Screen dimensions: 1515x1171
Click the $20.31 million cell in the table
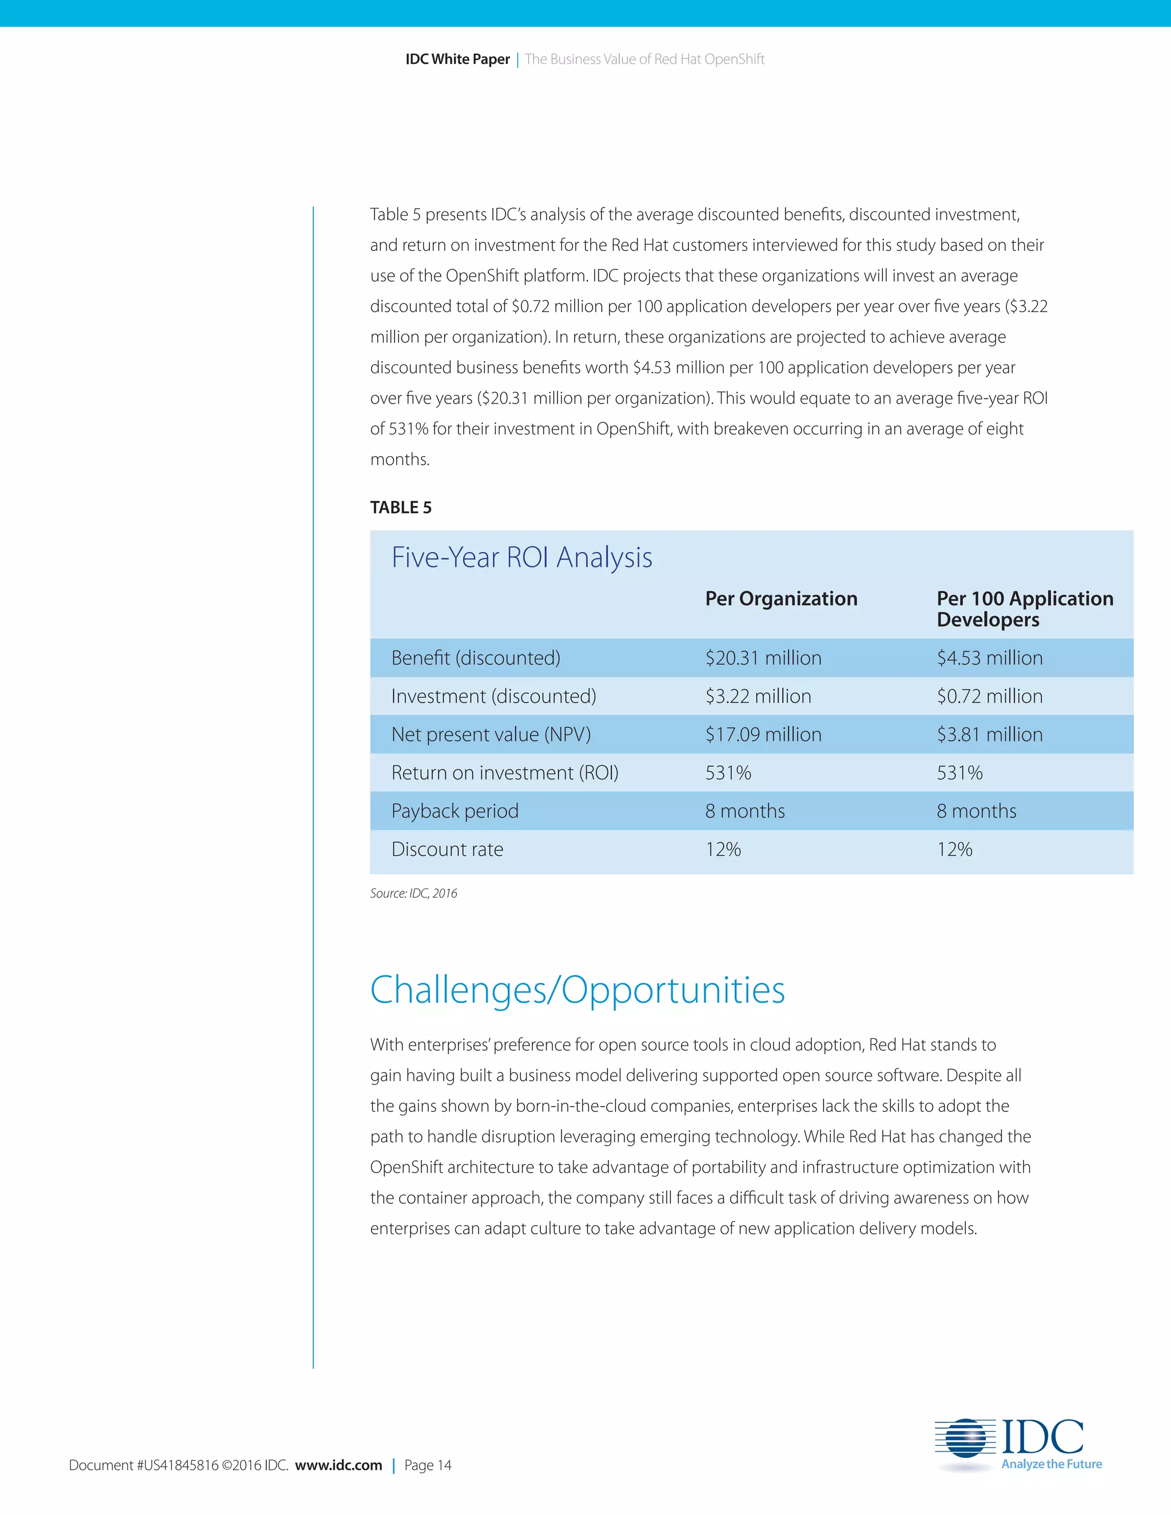pyautogui.click(x=763, y=657)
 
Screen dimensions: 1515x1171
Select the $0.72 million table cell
pyautogui.click(x=989, y=696)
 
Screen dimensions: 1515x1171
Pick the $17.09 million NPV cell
pyautogui.click(x=763, y=734)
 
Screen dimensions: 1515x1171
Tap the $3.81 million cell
pyautogui.click(x=989, y=734)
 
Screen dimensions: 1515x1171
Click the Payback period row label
pyautogui.click(x=455, y=811)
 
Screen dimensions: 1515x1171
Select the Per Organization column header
pyautogui.click(x=781, y=599)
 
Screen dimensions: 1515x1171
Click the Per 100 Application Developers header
pyautogui.click(x=1024, y=608)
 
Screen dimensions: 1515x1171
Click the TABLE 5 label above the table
pyautogui.click(x=400, y=507)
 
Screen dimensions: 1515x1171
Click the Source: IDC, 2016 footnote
pyautogui.click(x=413, y=894)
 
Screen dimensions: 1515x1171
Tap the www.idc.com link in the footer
pyautogui.click(x=338, y=1465)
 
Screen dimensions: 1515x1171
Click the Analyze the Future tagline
pyautogui.click(x=1051, y=1464)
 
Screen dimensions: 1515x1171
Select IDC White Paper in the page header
pyautogui.click(x=457, y=59)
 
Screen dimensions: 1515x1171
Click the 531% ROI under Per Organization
pyautogui.click(x=728, y=773)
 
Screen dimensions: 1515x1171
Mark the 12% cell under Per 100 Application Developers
pyautogui.click(x=954, y=849)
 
